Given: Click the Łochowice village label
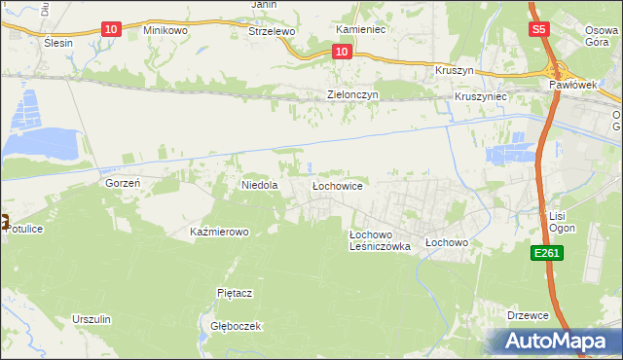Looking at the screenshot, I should (x=337, y=185).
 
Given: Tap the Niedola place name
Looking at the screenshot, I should (x=260, y=184).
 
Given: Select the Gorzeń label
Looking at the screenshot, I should (x=124, y=183).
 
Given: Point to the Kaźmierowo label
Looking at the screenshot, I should (x=219, y=233).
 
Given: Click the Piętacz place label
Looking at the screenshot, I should (x=234, y=292).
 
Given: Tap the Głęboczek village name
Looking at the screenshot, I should (x=230, y=327).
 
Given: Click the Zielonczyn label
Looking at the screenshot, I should (x=351, y=95).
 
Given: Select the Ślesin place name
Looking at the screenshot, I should (x=59, y=44).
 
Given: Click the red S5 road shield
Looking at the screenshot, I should (x=540, y=30).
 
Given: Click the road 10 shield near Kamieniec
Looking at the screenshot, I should (x=341, y=51).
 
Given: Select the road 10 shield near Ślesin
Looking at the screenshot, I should (x=111, y=30).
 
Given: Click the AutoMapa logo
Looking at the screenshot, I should (x=560, y=341).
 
